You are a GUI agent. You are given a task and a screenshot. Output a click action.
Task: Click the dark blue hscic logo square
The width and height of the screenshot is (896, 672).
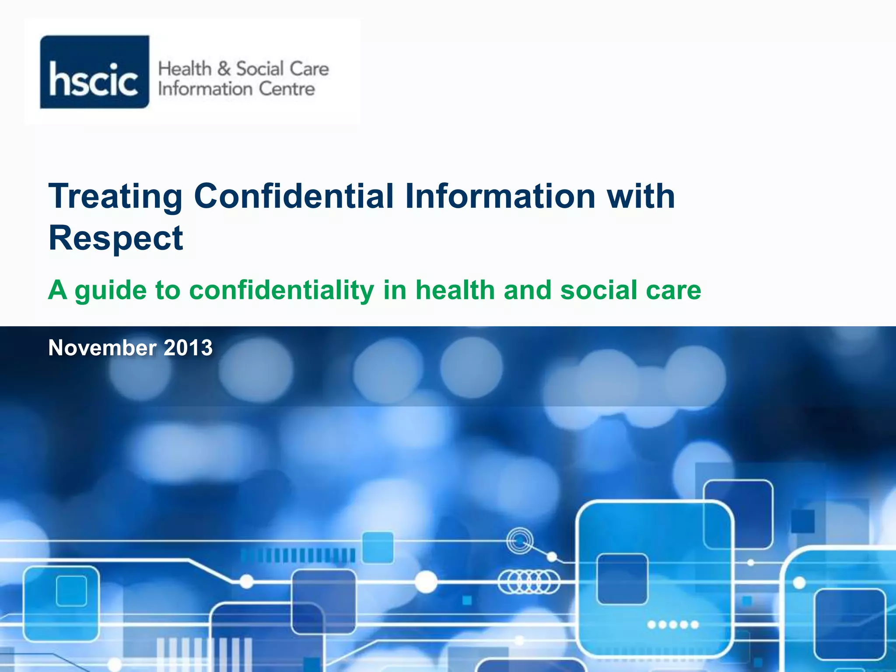[94, 72]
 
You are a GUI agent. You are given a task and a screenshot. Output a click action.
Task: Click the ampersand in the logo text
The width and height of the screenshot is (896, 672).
[224, 69]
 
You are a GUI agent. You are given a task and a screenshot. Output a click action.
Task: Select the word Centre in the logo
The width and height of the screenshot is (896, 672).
[287, 89]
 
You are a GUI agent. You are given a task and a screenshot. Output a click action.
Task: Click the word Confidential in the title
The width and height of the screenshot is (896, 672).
[294, 196]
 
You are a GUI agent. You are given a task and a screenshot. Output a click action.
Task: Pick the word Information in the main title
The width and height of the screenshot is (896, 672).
[500, 196]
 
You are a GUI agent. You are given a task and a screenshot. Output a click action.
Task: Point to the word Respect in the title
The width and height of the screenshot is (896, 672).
[115, 238]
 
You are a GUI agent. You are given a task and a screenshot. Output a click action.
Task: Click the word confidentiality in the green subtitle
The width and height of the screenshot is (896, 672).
[281, 290]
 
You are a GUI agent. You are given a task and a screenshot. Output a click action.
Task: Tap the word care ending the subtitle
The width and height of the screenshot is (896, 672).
[675, 290]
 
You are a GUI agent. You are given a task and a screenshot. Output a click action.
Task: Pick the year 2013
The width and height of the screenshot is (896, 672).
[188, 348]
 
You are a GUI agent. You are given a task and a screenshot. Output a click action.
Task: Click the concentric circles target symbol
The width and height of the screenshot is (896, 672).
[520, 542]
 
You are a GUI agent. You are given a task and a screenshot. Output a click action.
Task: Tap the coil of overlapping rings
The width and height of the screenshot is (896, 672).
[529, 582]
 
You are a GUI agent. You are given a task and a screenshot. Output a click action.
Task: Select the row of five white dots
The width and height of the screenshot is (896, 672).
[673, 625]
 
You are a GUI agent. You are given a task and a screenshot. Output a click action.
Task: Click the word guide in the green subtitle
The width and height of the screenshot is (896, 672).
[110, 290]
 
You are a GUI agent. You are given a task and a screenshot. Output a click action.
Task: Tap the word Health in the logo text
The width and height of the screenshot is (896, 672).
[185, 69]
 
